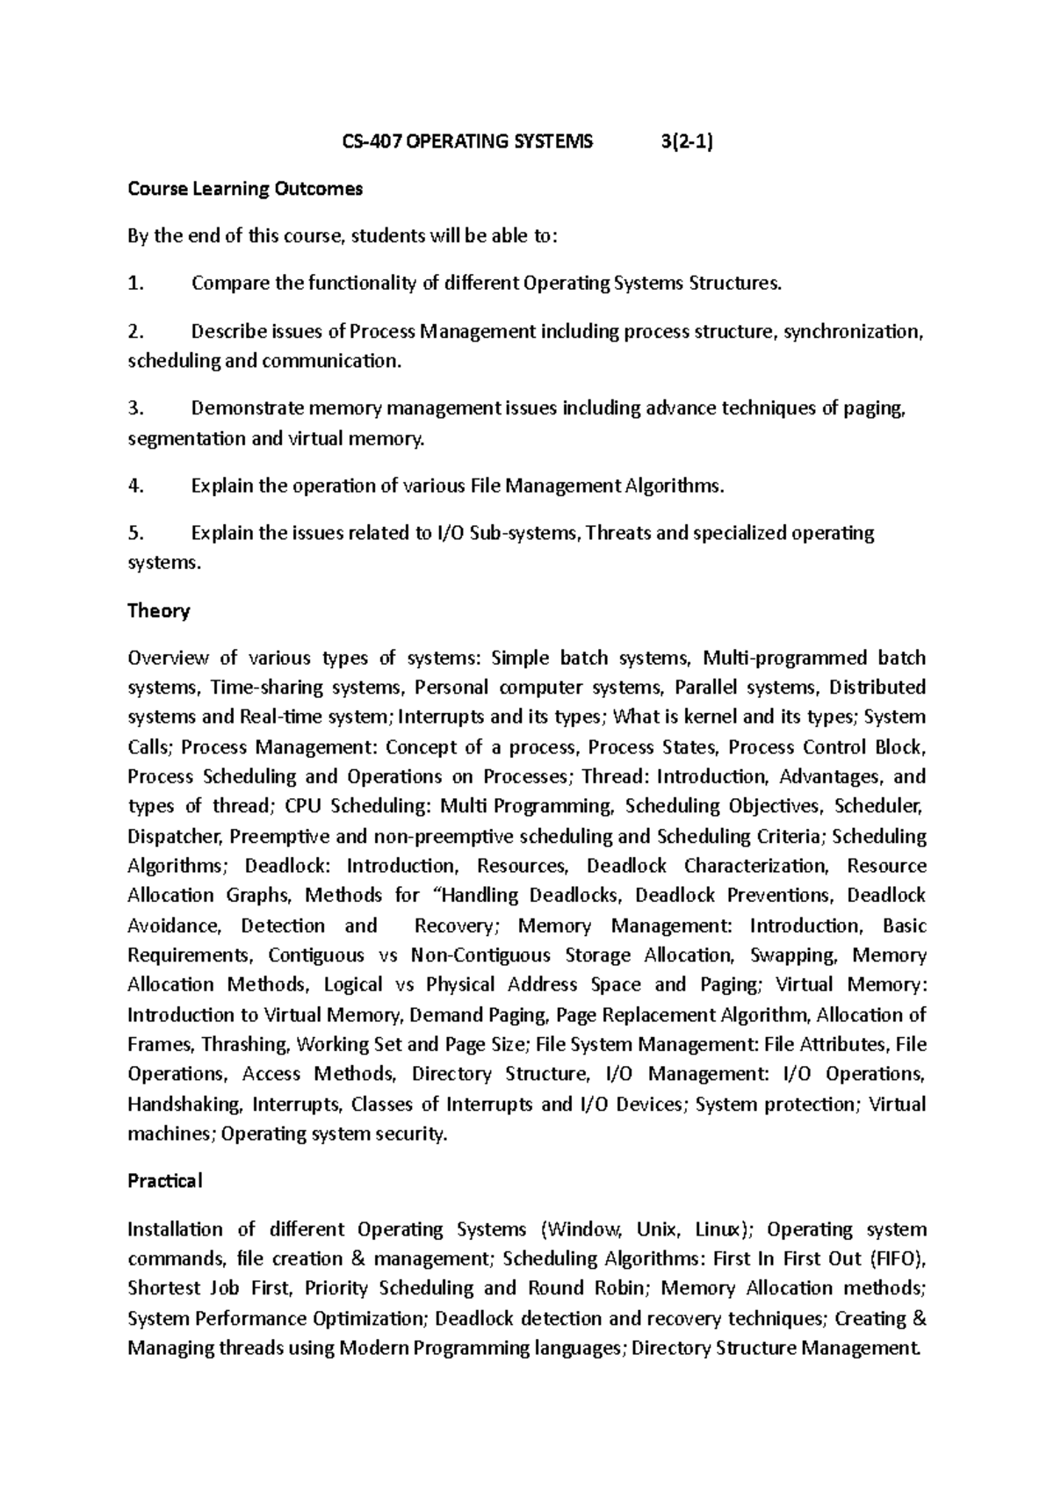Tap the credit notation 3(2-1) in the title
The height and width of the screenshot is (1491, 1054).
(687, 141)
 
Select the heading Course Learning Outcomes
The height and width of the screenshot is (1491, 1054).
(245, 189)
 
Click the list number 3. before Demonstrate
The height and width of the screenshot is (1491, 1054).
(134, 408)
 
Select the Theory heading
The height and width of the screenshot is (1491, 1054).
(159, 610)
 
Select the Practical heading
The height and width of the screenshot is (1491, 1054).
(164, 1181)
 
